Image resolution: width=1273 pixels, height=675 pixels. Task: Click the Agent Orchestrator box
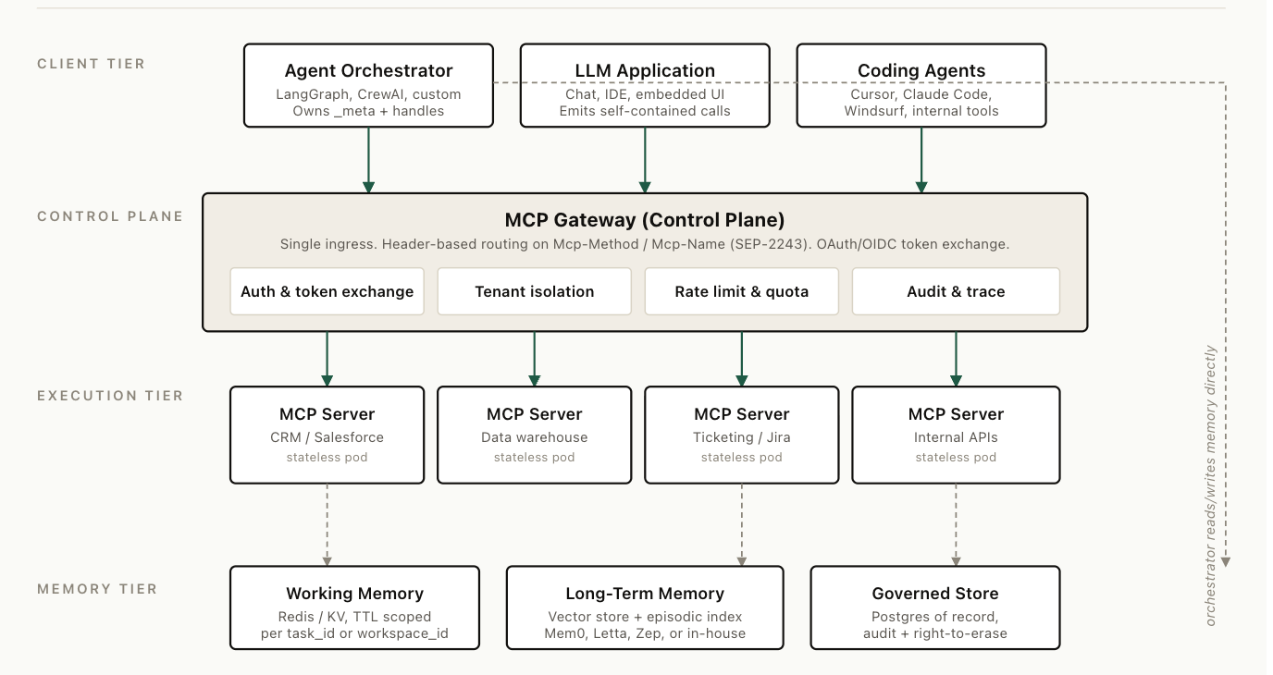(x=368, y=85)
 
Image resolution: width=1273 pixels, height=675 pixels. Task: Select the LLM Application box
(x=645, y=85)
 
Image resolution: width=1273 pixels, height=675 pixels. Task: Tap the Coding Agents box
(x=921, y=85)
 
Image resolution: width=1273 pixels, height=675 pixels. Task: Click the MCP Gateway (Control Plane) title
(x=645, y=220)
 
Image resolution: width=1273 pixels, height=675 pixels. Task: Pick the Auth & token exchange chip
(x=327, y=291)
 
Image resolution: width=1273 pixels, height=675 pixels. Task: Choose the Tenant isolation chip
(x=534, y=291)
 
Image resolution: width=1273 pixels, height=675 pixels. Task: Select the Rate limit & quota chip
(x=742, y=291)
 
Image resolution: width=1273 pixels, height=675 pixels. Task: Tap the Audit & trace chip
(x=956, y=291)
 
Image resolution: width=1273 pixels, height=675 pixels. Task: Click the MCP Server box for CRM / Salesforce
(x=327, y=436)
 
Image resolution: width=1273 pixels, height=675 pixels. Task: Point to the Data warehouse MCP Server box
(x=534, y=436)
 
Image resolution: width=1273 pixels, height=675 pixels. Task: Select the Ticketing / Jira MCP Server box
(x=742, y=436)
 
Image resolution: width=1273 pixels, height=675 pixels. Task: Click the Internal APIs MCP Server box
(x=956, y=436)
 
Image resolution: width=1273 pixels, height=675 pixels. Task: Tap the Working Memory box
(x=354, y=607)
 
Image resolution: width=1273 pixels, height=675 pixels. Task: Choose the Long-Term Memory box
(x=645, y=607)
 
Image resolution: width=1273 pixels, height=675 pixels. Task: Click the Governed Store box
(x=934, y=607)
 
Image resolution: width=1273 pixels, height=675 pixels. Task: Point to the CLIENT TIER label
(x=91, y=64)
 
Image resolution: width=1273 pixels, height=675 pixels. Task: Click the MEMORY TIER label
(x=97, y=589)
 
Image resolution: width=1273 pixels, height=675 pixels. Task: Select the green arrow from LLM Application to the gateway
(x=645, y=160)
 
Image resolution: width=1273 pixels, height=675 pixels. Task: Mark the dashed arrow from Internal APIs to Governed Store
(x=956, y=525)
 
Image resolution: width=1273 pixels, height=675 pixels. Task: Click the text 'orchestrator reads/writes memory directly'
(x=1210, y=485)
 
